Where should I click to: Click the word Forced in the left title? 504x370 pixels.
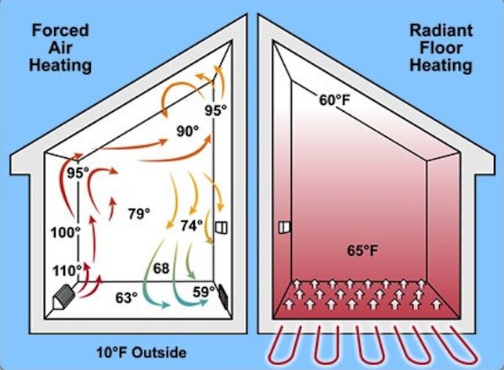(60, 31)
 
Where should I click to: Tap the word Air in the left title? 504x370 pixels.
(60, 48)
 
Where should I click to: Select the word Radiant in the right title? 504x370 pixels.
(441, 31)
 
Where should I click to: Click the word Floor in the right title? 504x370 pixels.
(441, 48)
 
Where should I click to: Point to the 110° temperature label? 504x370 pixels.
(67, 271)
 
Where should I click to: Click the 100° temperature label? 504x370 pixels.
(65, 232)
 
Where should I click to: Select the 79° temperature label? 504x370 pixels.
(139, 214)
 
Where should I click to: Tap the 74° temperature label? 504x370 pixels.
(192, 225)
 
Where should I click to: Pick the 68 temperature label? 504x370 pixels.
(161, 268)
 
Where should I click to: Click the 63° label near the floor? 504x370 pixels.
(127, 298)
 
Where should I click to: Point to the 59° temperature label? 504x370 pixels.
(203, 292)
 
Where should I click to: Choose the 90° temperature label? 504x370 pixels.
(188, 131)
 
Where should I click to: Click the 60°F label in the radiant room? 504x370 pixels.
(334, 100)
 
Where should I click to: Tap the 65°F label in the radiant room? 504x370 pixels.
(362, 250)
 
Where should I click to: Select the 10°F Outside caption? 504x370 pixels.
(142, 353)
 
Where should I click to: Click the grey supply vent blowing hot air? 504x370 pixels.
(64, 297)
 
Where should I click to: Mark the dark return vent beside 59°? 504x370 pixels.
(223, 295)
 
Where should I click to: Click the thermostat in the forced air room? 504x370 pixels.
(221, 228)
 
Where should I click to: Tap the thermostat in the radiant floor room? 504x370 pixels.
(284, 228)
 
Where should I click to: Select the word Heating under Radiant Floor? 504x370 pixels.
(441, 66)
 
